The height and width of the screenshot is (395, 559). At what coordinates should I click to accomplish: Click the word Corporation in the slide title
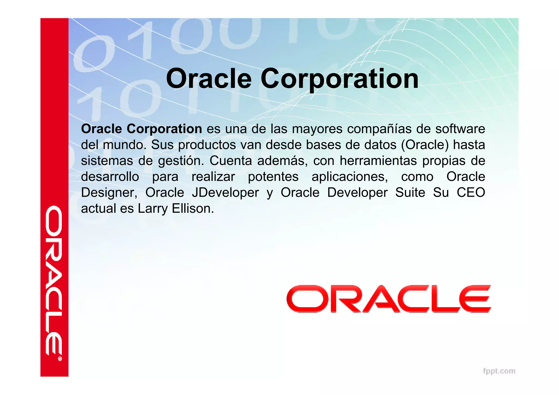click(x=340, y=79)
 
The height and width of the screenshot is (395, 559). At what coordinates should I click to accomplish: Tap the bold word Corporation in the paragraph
click(x=164, y=129)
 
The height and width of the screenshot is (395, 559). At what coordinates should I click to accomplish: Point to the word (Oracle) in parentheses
click(x=425, y=145)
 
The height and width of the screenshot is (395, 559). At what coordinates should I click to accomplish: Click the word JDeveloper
click(x=225, y=193)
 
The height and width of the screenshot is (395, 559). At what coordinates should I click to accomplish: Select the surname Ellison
click(x=193, y=209)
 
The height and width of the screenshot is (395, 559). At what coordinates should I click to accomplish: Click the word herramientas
click(x=378, y=161)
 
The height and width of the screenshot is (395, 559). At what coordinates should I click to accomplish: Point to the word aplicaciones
click(x=350, y=177)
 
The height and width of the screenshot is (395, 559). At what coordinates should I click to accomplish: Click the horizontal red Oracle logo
click(x=389, y=299)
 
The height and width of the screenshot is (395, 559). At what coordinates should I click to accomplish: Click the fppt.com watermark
click(x=499, y=371)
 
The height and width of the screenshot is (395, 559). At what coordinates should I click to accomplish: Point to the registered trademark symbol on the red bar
click(x=60, y=359)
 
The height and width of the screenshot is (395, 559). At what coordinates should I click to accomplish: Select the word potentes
click(x=273, y=177)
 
